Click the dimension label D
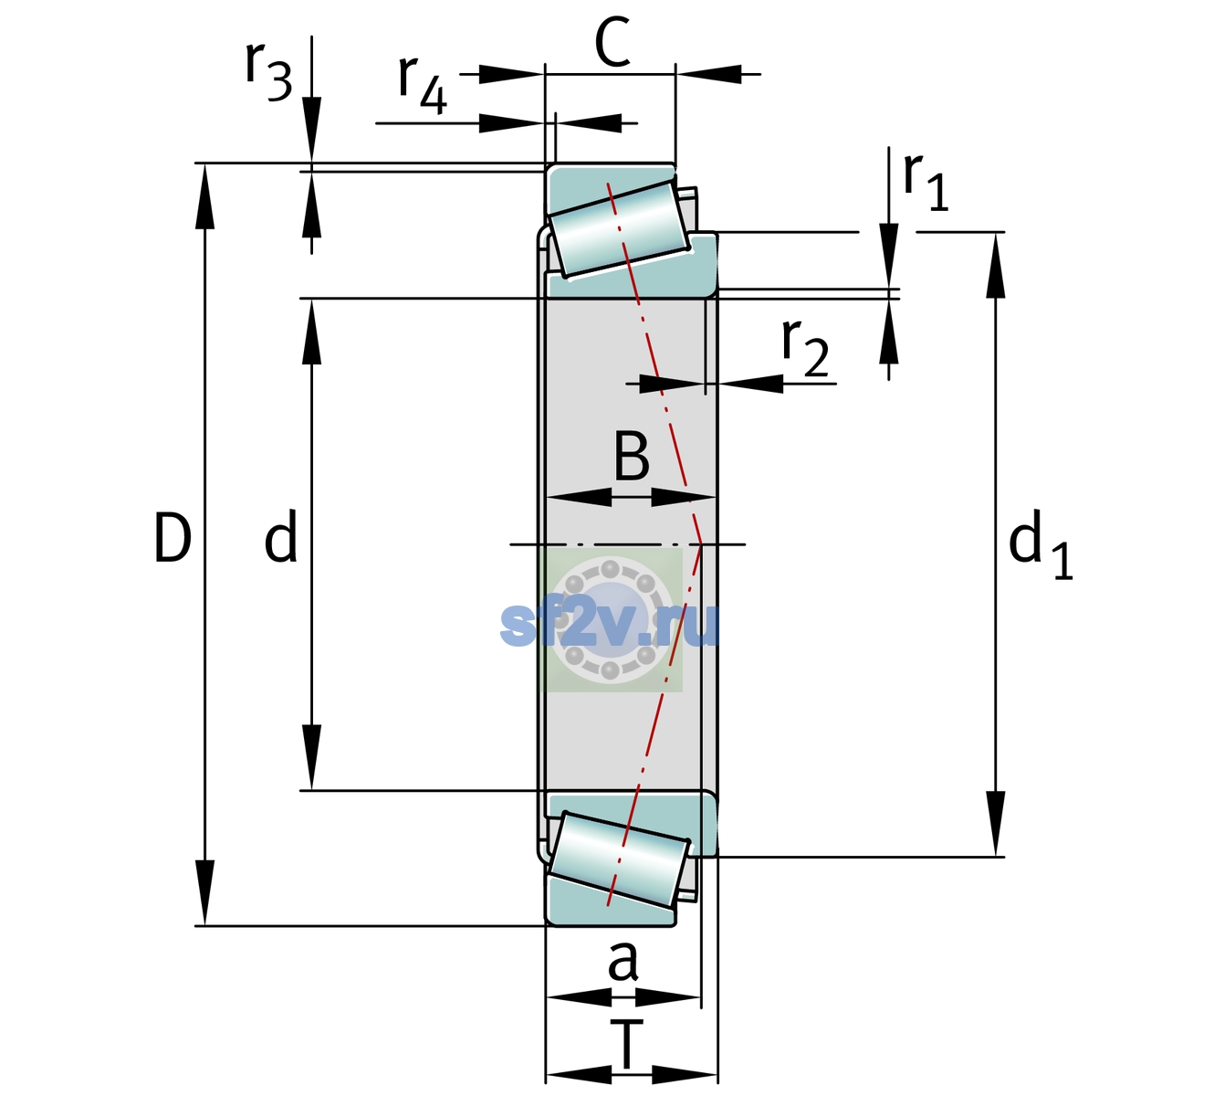(173, 537)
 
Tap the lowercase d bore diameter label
(281, 535)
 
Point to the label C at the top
(612, 42)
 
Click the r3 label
(268, 71)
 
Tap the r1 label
(926, 182)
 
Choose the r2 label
(805, 347)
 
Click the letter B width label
(632, 456)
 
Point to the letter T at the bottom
(626, 1045)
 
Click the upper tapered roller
(619, 229)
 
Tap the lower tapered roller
(619, 859)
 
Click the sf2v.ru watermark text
(610, 624)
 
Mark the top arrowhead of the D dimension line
(204, 196)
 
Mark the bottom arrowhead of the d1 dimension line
(996, 824)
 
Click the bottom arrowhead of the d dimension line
(311, 757)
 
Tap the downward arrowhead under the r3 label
(311, 130)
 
